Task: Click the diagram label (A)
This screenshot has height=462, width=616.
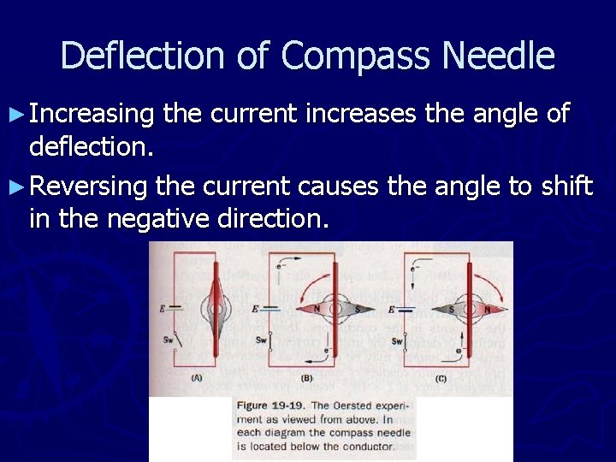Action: pyautogui.click(x=198, y=376)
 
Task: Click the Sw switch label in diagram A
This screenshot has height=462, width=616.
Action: pyautogui.click(x=169, y=339)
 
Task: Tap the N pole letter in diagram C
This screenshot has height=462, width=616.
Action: pyautogui.click(x=488, y=308)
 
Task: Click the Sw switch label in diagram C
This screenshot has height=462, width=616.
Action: pyautogui.click(x=397, y=341)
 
